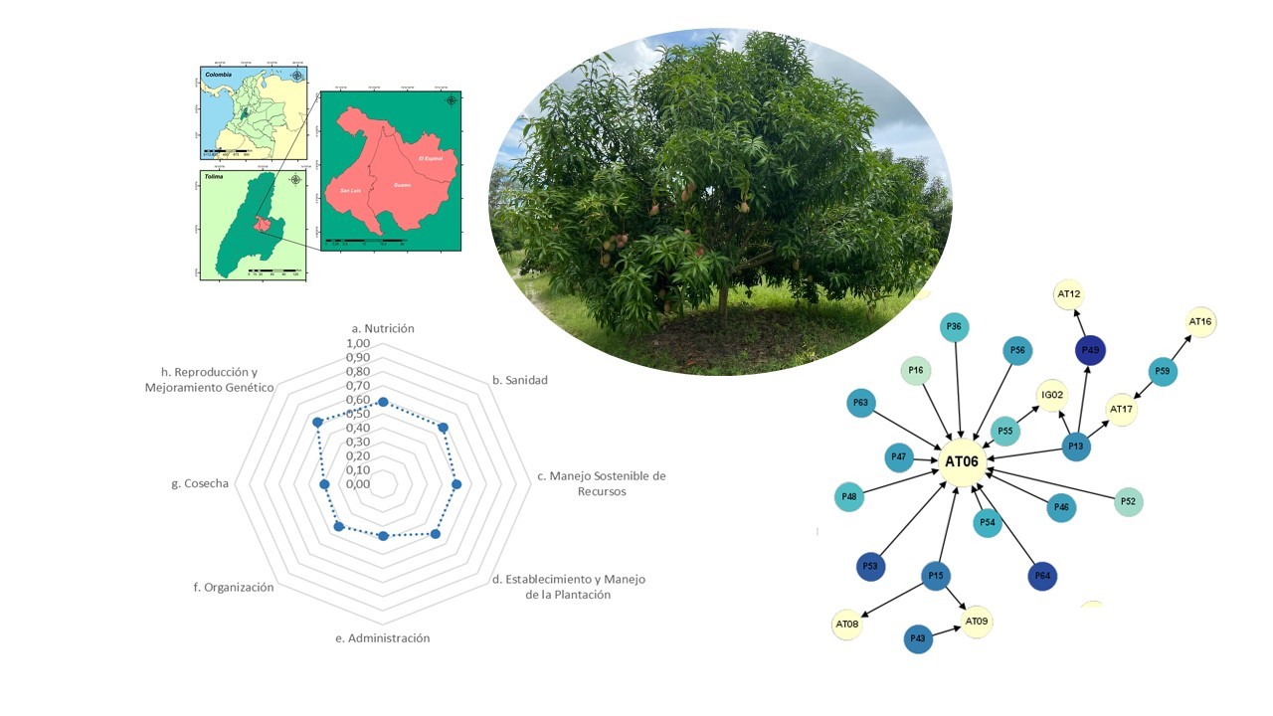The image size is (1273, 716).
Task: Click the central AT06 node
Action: point(962,462)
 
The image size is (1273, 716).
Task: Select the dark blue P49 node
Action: point(1090,350)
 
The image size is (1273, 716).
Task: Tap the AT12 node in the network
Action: point(1069,294)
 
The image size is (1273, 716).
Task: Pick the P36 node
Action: point(954,327)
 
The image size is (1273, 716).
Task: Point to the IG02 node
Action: point(1052,394)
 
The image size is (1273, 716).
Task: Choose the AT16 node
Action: point(1200,322)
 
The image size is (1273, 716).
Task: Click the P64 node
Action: point(1042,576)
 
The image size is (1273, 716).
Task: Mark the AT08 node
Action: point(846,624)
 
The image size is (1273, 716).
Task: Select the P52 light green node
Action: point(1128,501)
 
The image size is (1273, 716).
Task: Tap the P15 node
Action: point(935,576)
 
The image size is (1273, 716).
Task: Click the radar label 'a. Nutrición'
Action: point(383,328)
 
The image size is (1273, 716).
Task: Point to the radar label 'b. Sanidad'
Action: point(520,380)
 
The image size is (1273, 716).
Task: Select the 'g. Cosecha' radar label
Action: point(200,484)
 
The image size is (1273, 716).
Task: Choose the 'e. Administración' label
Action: point(383,638)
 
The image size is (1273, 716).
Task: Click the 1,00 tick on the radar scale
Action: point(357,343)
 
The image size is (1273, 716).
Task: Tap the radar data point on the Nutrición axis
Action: point(383,402)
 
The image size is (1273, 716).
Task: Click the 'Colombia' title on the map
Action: point(218,75)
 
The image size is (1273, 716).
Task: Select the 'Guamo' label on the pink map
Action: point(403,184)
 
